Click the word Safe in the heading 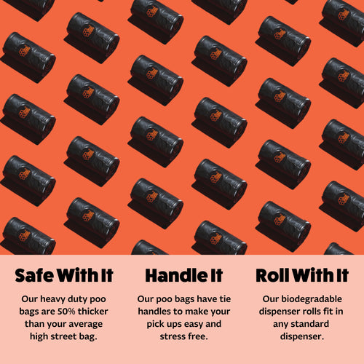[x=34, y=275]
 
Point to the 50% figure [x=66, y=312]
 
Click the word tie [x=225, y=299]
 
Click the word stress [x=172, y=336]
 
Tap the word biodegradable [x=312, y=299]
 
